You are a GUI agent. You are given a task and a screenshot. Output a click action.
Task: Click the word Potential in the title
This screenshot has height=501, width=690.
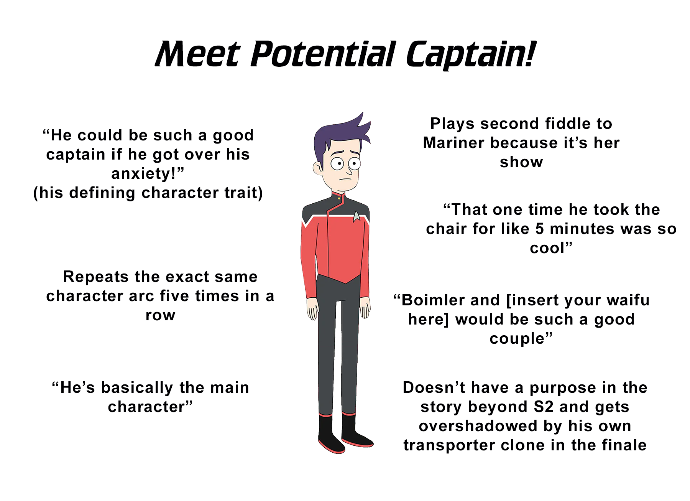pyautogui.click(x=324, y=54)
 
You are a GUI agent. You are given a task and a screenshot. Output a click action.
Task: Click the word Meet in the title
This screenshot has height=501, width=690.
pyautogui.click(x=198, y=54)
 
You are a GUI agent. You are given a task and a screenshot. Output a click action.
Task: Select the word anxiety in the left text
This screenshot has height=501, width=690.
pyautogui.click(x=143, y=173)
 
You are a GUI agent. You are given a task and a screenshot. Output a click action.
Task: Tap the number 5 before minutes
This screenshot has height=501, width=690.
pyautogui.click(x=539, y=229)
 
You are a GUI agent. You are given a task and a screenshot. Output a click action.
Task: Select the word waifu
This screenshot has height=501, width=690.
pyautogui.click(x=628, y=300)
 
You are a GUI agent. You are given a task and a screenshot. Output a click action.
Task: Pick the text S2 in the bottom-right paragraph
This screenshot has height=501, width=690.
pyautogui.click(x=544, y=407)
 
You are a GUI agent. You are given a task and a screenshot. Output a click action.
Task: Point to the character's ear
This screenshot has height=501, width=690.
pyautogui.click(x=318, y=168)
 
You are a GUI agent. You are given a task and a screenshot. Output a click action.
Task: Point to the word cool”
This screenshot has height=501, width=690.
pyautogui.click(x=551, y=248)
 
